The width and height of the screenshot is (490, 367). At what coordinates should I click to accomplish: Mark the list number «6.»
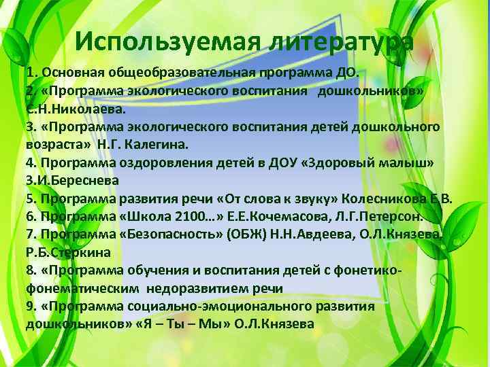pyautogui.click(x=31, y=217)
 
